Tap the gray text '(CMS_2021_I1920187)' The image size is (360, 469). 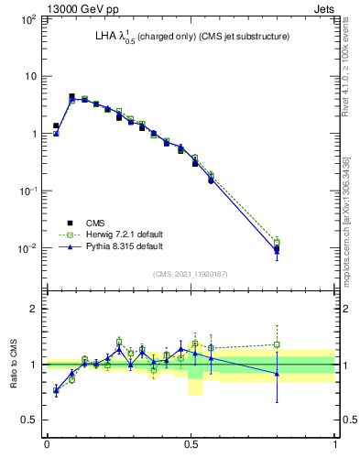(191, 272)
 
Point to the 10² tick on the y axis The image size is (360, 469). (28, 19)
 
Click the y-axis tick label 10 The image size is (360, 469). (31, 76)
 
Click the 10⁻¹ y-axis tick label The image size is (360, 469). (28, 191)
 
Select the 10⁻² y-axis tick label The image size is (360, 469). (28, 248)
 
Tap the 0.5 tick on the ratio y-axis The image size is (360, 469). (29, 420)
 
